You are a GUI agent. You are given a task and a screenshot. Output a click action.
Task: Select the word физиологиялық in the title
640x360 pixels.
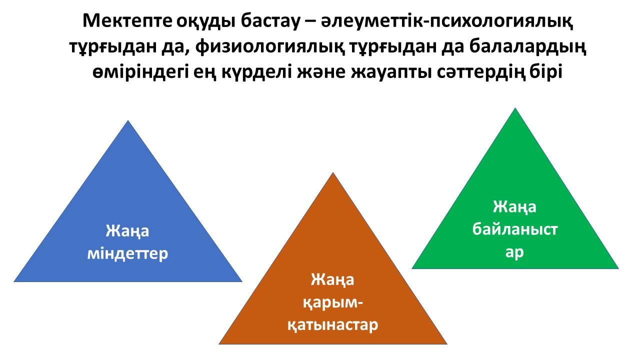(x=270, y=47)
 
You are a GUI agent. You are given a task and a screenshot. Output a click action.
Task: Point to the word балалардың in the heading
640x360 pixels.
(x=527, y=47)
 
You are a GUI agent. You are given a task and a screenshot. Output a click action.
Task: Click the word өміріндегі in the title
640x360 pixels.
(x=140, y=72)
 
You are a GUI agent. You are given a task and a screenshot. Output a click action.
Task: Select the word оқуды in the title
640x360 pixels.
(x=206, y=21)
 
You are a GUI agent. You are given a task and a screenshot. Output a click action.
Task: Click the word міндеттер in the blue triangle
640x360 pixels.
(x=127, y=253)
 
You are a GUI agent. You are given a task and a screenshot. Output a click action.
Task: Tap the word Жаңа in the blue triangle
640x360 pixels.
(x=127, y=231)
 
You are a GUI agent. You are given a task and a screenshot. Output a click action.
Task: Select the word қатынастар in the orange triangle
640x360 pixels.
(x=332, y=325)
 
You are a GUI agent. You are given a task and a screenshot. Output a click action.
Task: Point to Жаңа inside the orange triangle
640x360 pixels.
(x=332, y=279)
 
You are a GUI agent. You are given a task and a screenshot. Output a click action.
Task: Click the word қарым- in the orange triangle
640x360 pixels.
(x=332, y=303)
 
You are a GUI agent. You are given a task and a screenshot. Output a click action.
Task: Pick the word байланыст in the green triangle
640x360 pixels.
(x=515, y=229)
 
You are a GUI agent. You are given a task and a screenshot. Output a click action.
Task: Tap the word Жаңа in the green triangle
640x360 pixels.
(x=515, y=207)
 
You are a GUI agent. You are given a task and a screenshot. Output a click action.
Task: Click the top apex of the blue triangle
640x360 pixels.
(x=128, y=120)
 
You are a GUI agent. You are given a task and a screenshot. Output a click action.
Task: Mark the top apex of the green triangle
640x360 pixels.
(x=515, y=107)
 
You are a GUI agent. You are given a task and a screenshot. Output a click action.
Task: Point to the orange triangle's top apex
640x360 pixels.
(x=333, y=172)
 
